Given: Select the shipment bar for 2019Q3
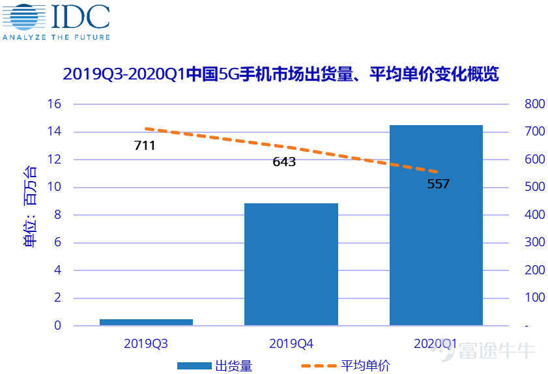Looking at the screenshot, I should [x=146, y=322].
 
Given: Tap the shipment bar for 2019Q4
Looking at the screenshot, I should [x=291, y=264].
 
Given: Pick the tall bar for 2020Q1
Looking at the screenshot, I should [x=436, y=225].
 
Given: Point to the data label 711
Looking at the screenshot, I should [x=145, y=146].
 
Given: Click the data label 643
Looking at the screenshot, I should [x=284, y=162].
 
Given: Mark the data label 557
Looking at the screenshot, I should [x=438, y=184].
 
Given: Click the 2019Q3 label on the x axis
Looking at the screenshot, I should [x=146, y=343].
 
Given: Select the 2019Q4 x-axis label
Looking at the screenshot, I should [x=291, y=343].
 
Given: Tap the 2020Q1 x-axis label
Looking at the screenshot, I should [x=435, y=343].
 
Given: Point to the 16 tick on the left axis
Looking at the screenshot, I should [x=54, y=104].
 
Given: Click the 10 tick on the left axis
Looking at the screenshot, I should [x=54, y=188].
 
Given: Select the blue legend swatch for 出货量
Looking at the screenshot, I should [x=194, y=366].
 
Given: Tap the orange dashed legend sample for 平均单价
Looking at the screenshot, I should [x=319, y=366].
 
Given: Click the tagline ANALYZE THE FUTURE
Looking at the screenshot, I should [x=56, y=37].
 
